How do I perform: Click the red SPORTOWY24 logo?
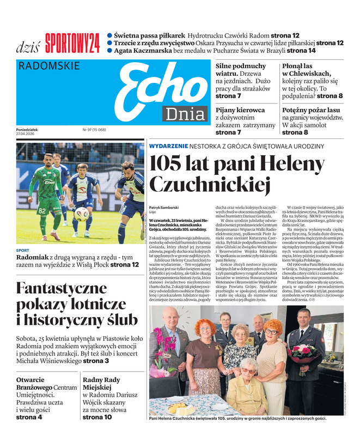(72, 43)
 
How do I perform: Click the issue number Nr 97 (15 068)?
(94, 130)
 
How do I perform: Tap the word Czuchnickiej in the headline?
(210, 185)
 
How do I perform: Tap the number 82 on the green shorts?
(42, 210)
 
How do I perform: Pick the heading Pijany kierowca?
(240, 110)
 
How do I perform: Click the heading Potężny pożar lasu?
(312, 110)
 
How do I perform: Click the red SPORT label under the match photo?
(23, 251)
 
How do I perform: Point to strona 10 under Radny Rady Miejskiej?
(97, 417)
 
